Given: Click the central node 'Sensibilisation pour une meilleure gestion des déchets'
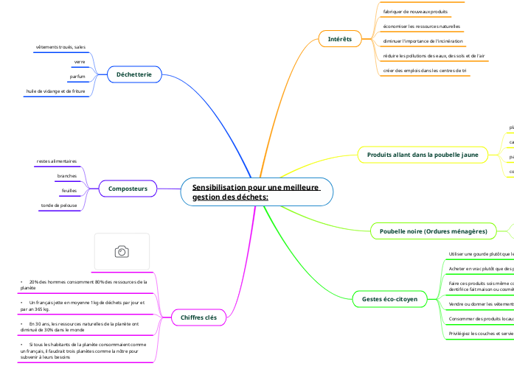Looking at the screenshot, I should (x=256, y=192).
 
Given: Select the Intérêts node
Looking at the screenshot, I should (x=339, y=38).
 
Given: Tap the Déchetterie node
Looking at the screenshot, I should (x=134, y=74).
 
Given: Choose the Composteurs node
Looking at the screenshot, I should (x=128, y=189).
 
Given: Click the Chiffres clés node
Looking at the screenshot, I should (x=198, y=317).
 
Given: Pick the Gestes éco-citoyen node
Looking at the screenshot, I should (x=389, y=299).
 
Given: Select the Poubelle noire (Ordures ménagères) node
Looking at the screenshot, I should (x=433, y=231).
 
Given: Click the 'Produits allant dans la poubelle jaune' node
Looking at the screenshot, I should (x=423, y=155).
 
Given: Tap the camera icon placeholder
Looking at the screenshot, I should (x=122, y=252).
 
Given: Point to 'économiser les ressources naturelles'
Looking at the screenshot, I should (x=422, y=27).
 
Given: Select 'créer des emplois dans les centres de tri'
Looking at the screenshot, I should (x=424, y=71).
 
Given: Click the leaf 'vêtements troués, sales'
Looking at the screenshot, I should (x=60, y=47).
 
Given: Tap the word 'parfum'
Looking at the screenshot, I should (x=77, y=77).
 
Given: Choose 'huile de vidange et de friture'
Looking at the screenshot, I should (x=55, y=91).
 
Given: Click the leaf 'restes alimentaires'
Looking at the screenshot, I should (x=57, y=161).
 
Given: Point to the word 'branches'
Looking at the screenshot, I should (x=67, y=176).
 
